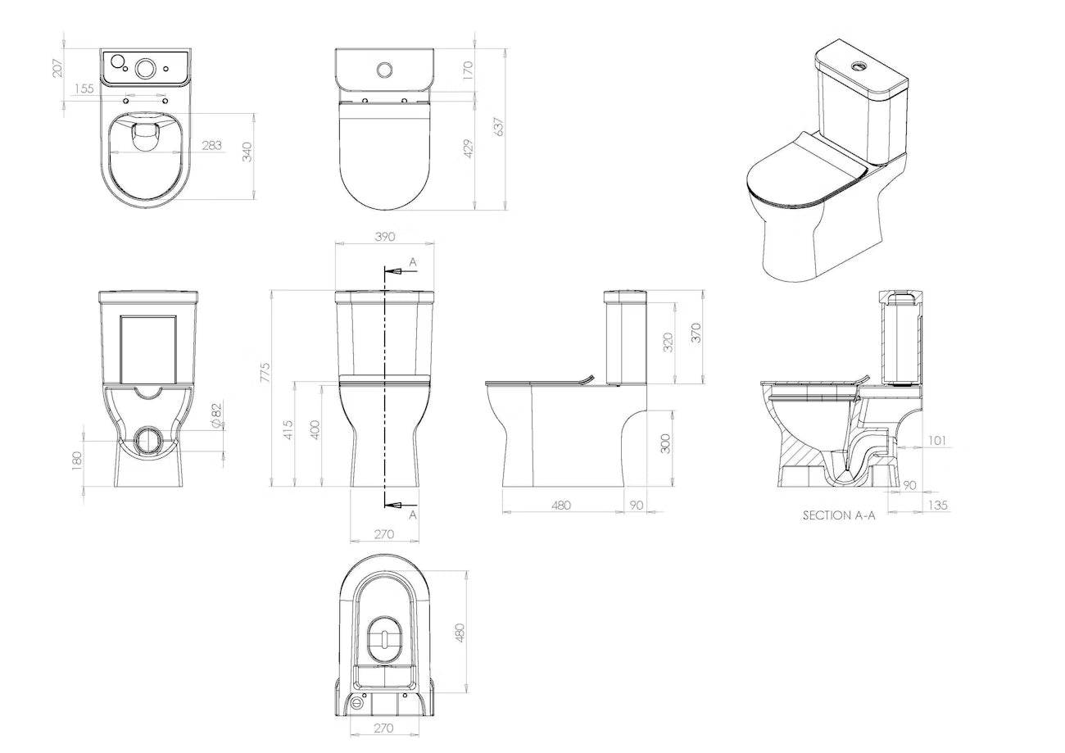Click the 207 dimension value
click(x=57, y=66)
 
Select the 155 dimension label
click(x=84, y=88)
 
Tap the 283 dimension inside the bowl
click(x=211, y=146)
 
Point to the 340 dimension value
click(x=247, y=153)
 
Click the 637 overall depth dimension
click(x=499, y=127)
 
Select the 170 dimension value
click(x=469, y=70)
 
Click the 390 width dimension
click(x=384, y=236)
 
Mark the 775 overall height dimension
click(x=265, y=372)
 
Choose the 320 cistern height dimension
click(x=668, y=342)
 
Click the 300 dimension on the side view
click(x=665, y=443)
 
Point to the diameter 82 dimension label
click(x=217, y=415)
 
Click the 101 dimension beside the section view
click(x=937, y=441)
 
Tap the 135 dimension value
click(x=937, y=506)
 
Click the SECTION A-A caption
click(x=838, y=516)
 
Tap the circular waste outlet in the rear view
click(x=149, y=440)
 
